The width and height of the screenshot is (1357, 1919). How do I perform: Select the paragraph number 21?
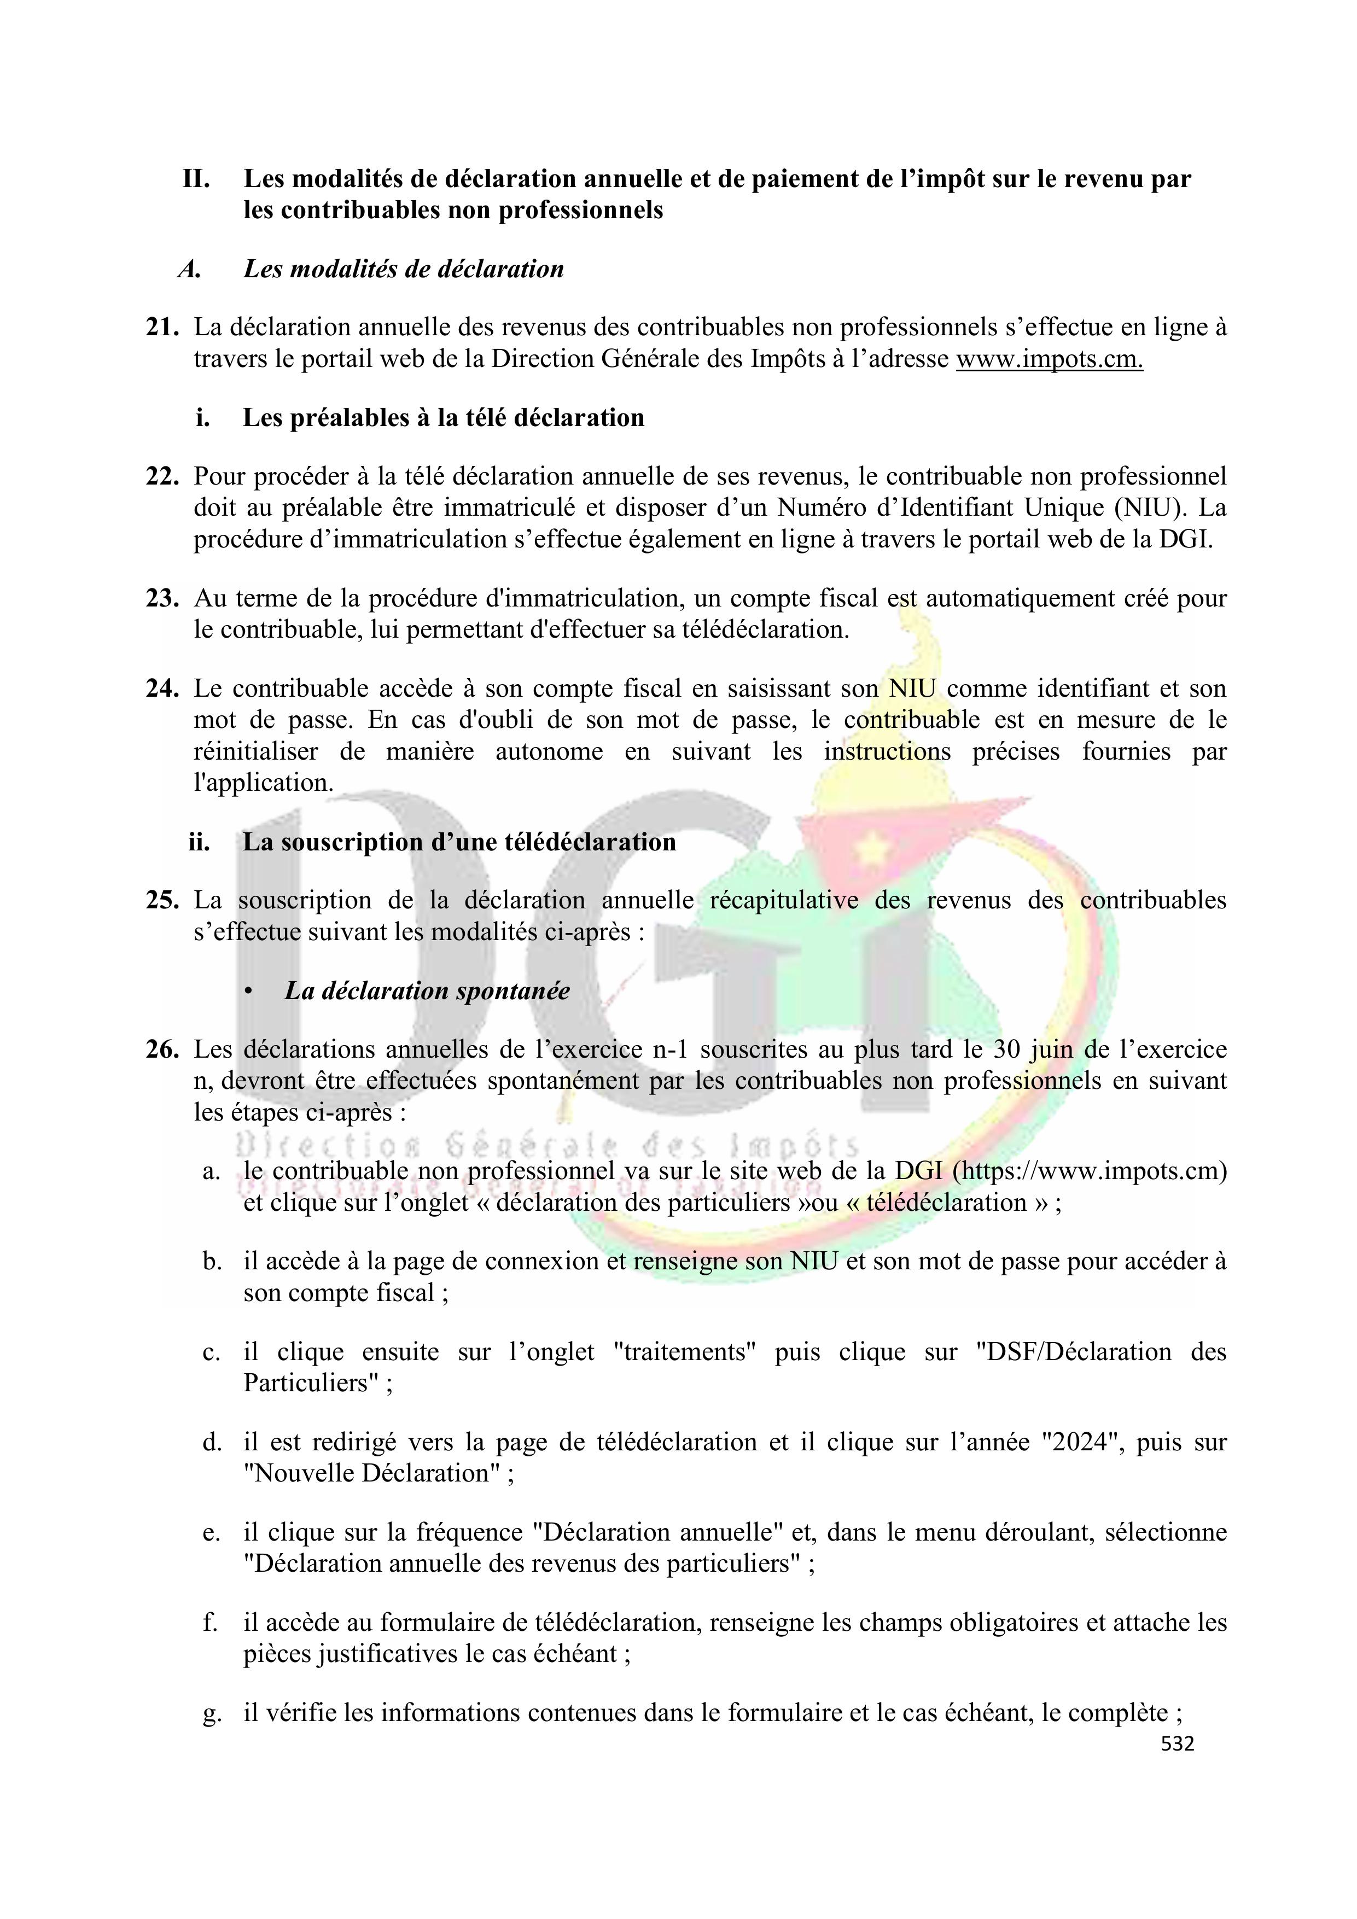(162, 327)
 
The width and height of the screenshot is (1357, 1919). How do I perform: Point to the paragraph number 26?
(162, 1049)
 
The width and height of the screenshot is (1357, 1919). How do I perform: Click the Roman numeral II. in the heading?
(196, 178)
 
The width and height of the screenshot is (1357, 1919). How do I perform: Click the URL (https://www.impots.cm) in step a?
(1090, 1171)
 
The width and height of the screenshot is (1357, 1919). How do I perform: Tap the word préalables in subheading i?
(343, 417)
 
